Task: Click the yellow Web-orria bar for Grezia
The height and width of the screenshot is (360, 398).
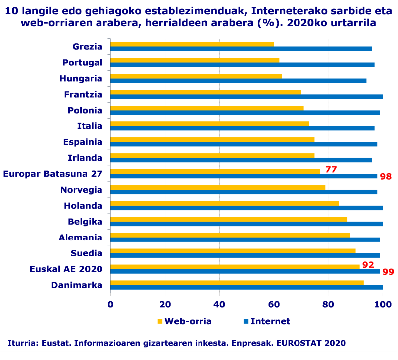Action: [192, 44]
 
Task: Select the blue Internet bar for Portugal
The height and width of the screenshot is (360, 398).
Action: [242, 65]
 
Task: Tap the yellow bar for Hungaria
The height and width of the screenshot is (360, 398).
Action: [196, 76]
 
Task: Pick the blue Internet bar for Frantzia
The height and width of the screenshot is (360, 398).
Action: [246, 97]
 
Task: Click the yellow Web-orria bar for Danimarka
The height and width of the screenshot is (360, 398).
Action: [237, 283]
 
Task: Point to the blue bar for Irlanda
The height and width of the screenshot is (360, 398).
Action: [241, 160]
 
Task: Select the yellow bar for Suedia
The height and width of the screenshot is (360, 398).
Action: [233, 251]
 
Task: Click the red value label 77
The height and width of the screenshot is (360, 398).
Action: [331, 170]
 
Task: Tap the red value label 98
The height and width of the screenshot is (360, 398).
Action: [386, 177]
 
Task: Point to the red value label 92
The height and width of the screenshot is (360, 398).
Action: [368, 265]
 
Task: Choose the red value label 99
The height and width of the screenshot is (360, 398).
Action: [388, 272]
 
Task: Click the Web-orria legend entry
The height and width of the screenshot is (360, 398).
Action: [184, 321]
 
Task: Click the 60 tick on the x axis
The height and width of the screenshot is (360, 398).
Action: [274, 304]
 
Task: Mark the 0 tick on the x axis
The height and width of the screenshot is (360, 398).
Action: [110, 304]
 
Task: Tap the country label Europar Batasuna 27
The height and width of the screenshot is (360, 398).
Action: [53, 174]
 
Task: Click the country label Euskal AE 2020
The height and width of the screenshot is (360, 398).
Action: [66, 269]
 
